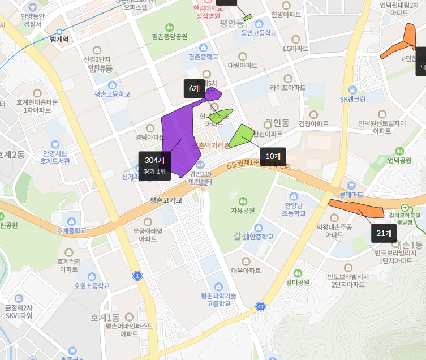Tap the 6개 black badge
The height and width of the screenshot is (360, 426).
pyautogui.click(x=195, y=88)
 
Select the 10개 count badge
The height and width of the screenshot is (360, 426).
pyautogui.click(x=273, y=156)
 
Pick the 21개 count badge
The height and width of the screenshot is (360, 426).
pyautogui.click(x=384, y=233)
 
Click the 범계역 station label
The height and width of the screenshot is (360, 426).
pyautogui.click(x=59, y=39)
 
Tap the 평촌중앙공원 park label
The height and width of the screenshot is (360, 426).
pyautogui.click(x=169, y=37)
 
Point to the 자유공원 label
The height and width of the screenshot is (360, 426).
pyautogui.click(x=243, y=211)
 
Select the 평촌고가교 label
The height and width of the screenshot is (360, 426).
pyautogui.click(x=166, y=200)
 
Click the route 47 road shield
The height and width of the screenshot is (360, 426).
pyautogui.click(x=260, y=306)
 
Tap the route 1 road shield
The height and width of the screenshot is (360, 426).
pyautogui.click(x=137, y=276)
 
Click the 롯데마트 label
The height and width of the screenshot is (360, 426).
pyautogui.click(x=351, y=194)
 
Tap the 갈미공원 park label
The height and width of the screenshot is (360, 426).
pyautogui.click(x=298, y=282)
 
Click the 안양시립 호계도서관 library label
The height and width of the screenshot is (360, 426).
pyautogui.click(x=55, y=157)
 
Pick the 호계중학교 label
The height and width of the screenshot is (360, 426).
pyautogui.click(x=72, y=230)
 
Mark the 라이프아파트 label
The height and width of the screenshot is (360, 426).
pyautogui.click(x=287, y=88)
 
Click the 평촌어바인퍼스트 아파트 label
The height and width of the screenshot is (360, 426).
pyautogui.click(x=129, y=329)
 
